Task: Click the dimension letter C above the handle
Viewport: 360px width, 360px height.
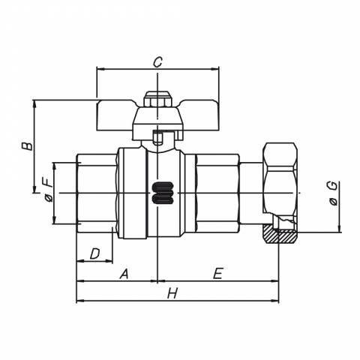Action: [157, 62]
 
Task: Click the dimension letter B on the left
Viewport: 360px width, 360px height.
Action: [27, 146]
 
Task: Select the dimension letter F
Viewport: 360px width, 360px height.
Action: [48, 182]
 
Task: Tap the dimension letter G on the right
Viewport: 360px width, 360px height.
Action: [333, 187]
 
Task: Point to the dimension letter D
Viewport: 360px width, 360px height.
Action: [94, 253]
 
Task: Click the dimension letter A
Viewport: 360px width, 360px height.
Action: [124, 274]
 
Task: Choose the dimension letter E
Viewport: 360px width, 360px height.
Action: [217, 273]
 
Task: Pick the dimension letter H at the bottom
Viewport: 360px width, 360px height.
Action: [172, 293]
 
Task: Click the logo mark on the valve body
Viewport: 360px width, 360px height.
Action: [163, 193]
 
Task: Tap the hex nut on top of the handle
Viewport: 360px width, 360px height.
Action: [157, 100]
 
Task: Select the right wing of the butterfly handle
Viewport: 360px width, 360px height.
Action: [199, 115]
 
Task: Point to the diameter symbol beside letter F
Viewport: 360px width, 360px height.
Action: [49, 199]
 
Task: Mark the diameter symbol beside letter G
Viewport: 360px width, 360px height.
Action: [334, 202]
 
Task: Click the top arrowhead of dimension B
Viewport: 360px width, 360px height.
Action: [34, 104]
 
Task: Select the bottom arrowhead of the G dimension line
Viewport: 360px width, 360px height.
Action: [339, 229]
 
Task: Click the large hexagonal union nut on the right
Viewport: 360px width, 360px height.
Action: [280, 193]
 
